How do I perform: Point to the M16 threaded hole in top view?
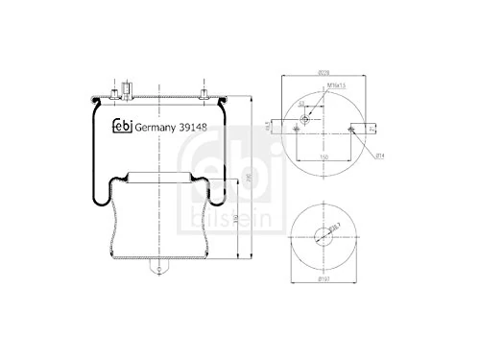(x=305, y=120)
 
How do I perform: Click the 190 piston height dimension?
(x=236, y=218)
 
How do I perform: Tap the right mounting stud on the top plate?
(x=205, y=91)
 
